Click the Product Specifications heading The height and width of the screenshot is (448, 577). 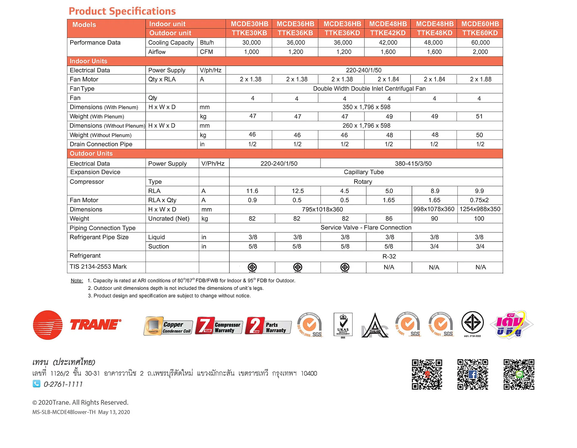[x=122, y=11]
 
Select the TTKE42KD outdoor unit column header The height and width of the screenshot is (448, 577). [x=388, y=33]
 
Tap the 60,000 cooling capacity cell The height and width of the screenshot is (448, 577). [x=480, y=43]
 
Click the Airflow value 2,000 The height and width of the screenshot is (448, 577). [x=480, y=52]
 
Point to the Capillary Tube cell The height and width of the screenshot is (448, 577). [x=364, y=172]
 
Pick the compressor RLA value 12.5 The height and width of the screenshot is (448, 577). [x=297, y=191]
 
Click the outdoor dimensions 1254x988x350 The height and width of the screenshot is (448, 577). [x=480, y=209]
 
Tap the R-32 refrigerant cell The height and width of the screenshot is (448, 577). [x=389, y=256]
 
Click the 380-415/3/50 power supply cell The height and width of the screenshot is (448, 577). [x=413, y=164]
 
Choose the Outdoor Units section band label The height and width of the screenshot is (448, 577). [x=91, y=154]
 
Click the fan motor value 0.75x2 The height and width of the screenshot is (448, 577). [x=479, y=200]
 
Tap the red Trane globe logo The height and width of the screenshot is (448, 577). [x=48, y=325]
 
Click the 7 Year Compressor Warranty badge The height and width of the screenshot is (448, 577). [x=219, y=326]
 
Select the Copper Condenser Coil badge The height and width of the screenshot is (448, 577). [x=168, y=326]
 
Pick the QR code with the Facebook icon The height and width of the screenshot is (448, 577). [x=472, y=375]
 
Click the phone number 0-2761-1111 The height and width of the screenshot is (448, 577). [x=63, y=384]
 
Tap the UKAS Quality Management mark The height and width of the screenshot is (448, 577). [x=343, y=325]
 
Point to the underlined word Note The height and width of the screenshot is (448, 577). [x=77, y=281]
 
